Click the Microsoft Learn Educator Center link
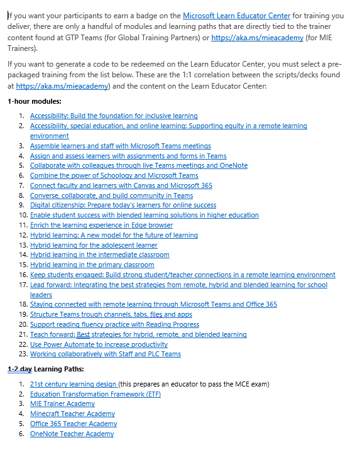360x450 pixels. point(236,15)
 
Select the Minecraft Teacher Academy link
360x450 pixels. point(72,414)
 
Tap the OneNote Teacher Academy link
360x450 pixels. point(72,434)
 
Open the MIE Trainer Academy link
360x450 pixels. point(62,403)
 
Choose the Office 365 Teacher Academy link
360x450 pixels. point(74,424)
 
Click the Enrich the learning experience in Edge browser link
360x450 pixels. point(101,225)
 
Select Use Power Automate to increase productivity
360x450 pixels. point(99,344)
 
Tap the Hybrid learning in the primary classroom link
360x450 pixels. point(92,265)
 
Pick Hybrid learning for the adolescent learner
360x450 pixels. point(94,245)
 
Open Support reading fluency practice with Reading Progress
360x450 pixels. point(114,324)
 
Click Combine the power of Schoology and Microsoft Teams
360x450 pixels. point(114,175)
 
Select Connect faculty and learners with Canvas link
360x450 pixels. point(121,185)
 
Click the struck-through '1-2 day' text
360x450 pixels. point(19,368)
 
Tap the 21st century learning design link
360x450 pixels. point(73,383)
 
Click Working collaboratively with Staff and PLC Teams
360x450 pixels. point(105,354)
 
